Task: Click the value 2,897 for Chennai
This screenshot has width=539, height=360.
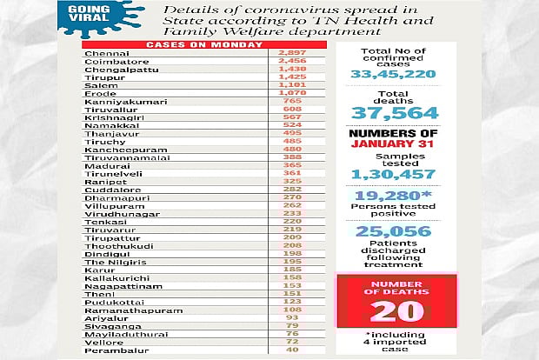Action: [x=292, y=54]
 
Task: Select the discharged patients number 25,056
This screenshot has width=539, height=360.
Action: [x=394, y=230]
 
